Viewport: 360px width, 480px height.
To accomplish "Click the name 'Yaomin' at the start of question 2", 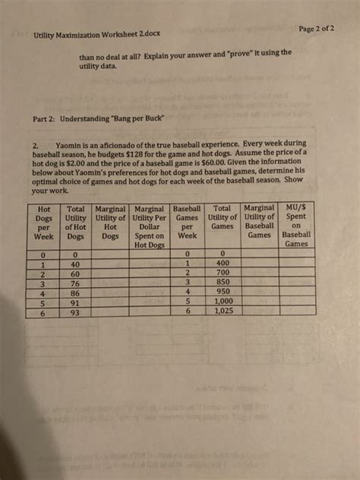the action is coord(72,144).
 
